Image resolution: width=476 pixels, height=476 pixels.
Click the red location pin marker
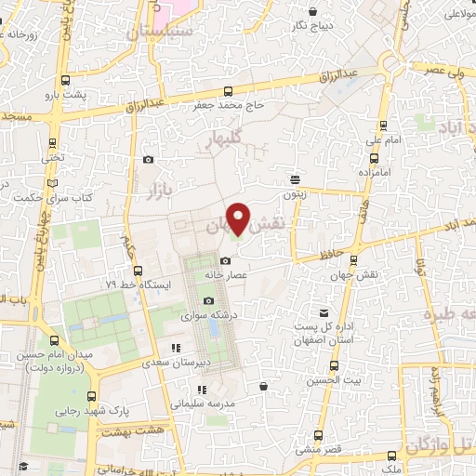tap(239, 218)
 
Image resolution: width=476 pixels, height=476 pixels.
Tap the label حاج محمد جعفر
tap(229, 106)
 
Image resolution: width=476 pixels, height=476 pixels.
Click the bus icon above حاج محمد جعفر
tap(229, 91)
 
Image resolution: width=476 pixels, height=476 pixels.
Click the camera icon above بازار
tap(149, 160)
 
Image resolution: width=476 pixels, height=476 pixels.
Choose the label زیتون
tap(295, 195)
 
